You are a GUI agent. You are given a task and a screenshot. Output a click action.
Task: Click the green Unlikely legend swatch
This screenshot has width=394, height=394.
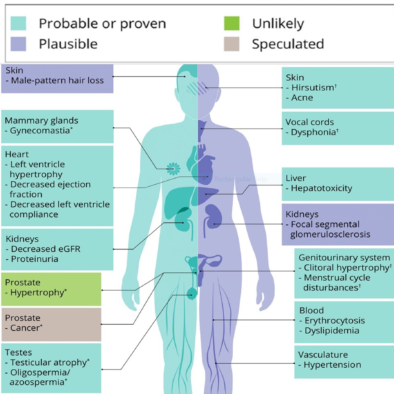coord(231,23)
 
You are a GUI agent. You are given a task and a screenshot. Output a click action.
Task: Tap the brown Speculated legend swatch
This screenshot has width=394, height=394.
coord(231,44)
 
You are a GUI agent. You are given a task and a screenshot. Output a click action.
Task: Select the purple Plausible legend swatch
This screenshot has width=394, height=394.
coord(18,44)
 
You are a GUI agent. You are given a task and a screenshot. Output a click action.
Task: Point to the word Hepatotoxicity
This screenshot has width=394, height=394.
coord(321,188)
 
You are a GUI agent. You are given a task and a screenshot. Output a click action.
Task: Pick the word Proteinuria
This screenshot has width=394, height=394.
coord(34,259)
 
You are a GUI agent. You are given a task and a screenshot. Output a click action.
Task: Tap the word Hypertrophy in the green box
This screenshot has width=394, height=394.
coord(37,293)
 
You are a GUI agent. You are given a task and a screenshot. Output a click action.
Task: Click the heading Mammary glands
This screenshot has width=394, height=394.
coord(41,121)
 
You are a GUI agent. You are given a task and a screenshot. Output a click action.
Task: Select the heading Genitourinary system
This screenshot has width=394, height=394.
coord(344,258)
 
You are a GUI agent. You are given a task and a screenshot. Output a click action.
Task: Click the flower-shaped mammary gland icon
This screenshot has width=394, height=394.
coord(173,167)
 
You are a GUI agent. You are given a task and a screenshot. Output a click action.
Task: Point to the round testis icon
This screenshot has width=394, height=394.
coord(192,293)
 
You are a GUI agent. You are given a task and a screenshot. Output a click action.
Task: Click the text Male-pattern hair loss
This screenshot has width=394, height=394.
coord(57,80)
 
